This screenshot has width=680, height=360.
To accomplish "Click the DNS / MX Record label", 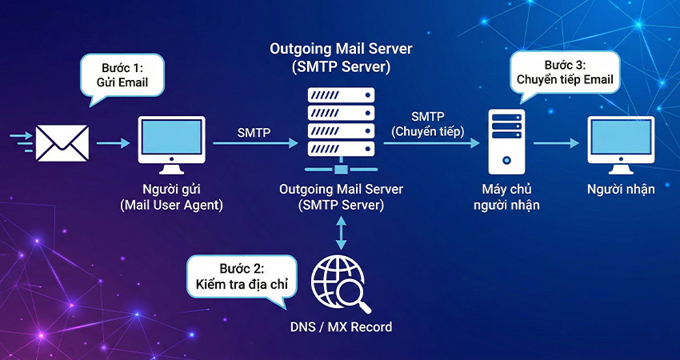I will click(342, 328).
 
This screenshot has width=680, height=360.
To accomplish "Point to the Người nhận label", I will click(620, 190).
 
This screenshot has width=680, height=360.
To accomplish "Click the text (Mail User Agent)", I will click(170, 205).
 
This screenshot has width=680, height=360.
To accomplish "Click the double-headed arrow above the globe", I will click(342, 234).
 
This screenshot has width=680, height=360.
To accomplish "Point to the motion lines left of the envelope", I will click(21, 143).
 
